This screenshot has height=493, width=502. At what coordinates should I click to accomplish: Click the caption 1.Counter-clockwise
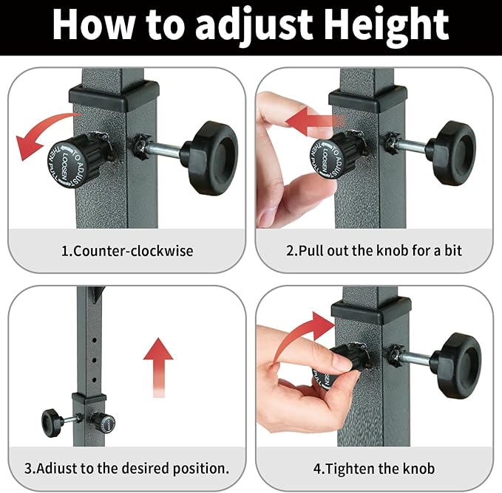pyautogui.click(x=126, y=251)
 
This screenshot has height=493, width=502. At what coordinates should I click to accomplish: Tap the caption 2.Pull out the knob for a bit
pyautogui.click(x=374, y=251)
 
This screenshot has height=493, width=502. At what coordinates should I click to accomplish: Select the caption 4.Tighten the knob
pyautogui.click(x=374, y=469)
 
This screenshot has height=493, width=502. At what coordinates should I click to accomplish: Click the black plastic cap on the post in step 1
pyautogui.click(x=114, y=94)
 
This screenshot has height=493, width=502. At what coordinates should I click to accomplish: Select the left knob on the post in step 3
pyautogui.click(x=52, y=423)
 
